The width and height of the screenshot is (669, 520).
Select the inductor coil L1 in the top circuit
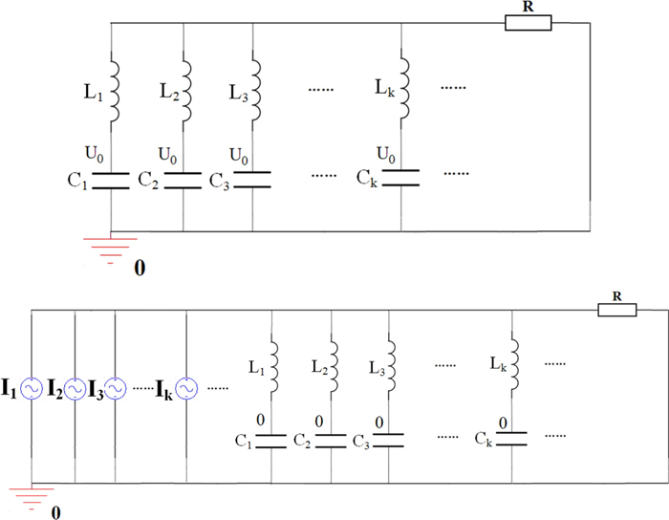[x=113, y=92]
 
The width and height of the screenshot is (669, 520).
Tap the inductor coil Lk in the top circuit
[x=401, y=92]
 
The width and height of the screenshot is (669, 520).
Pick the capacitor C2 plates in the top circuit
[x=183, y=180]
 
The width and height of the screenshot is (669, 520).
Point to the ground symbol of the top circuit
[x=113, y=247]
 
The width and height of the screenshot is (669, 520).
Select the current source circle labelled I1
[x=32, y=389]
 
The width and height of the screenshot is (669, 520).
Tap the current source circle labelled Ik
[x=185, y=389]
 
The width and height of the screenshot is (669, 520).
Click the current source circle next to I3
[x=114, y=389]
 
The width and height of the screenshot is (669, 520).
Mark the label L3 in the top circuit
[x=239, y=94]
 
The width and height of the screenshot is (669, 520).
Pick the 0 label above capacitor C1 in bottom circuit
[x=272, y=418]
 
